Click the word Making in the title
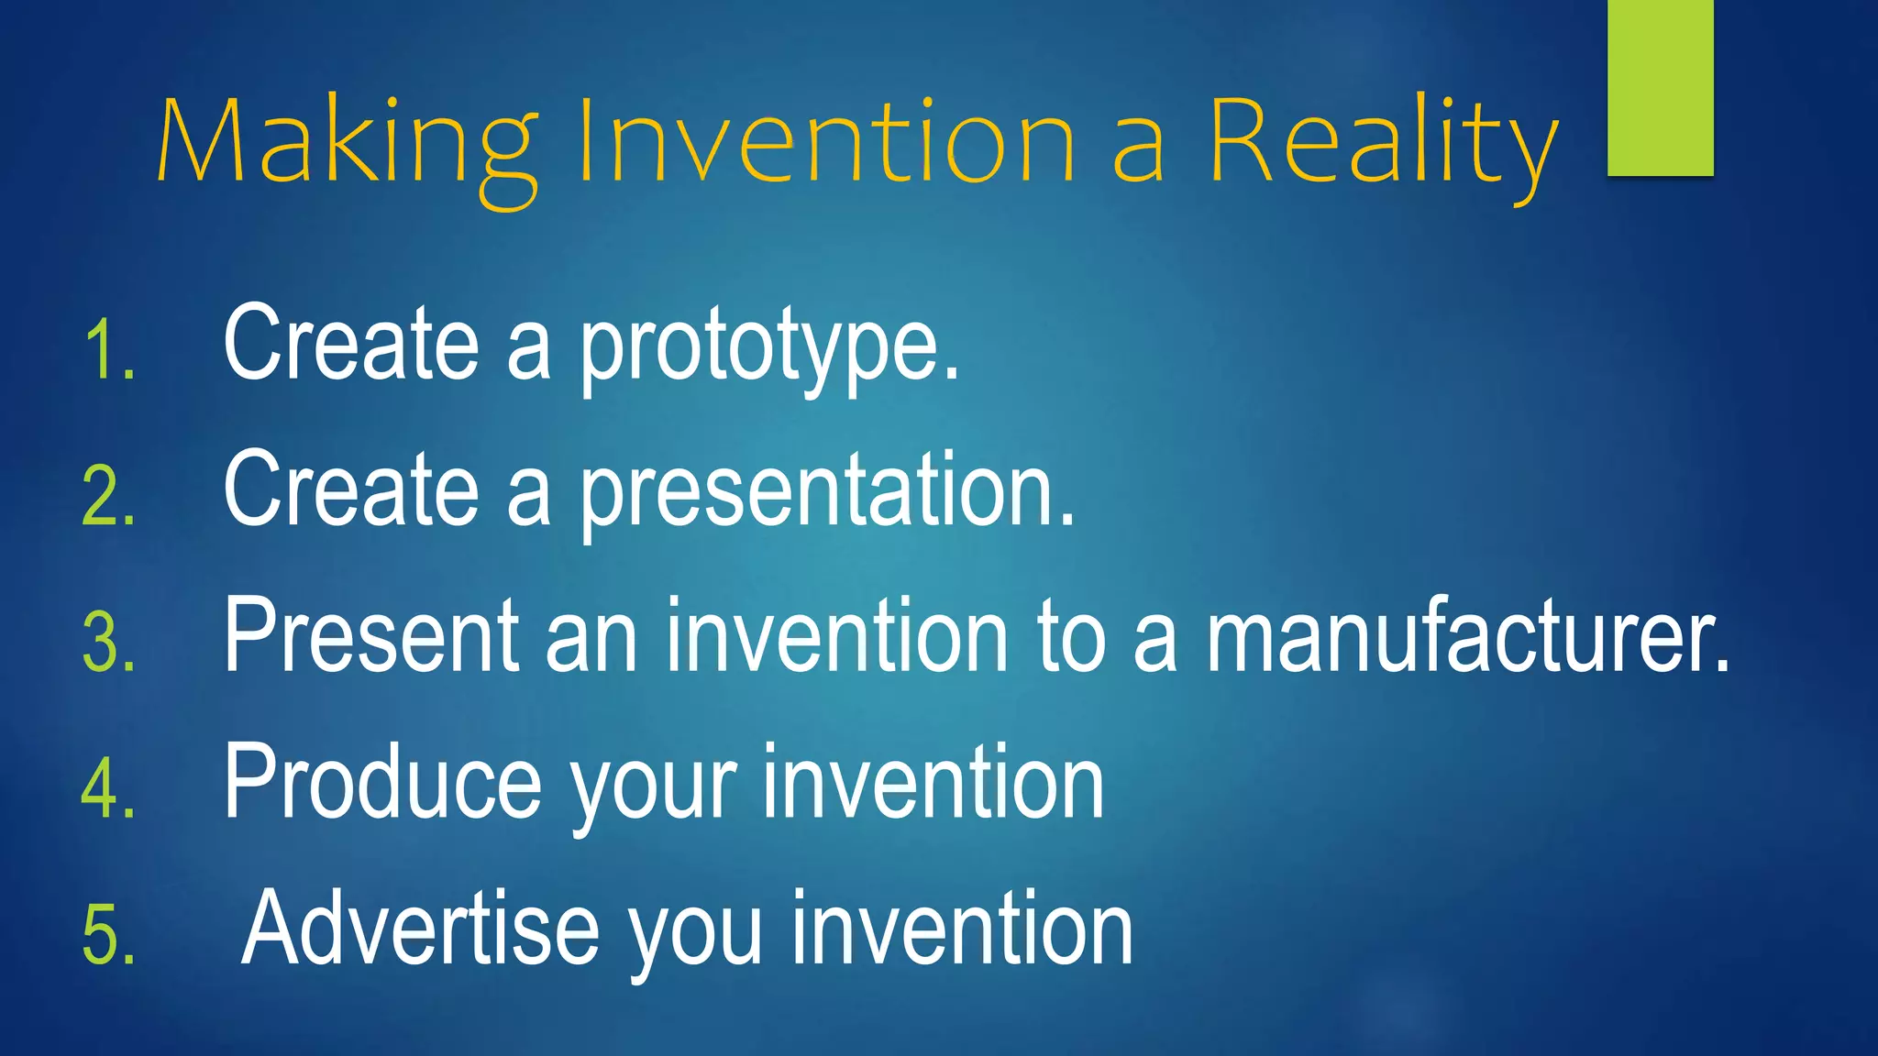(x=347, y=142)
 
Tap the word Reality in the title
(x=1382, y=142)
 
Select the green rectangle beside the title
(x=1660, y=87)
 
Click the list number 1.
(x=108, y=350)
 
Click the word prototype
(x=768, y=346)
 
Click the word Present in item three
(x=371, y=636)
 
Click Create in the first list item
(x=350, y=344)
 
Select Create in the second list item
(x=350, y=490)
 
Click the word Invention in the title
(x=826, y=142)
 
